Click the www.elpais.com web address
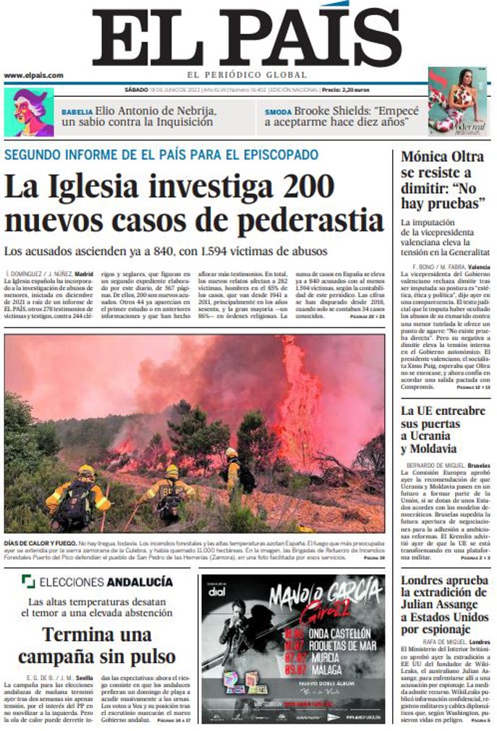[x=33, y=75]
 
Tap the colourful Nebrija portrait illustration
[x=29, y=112]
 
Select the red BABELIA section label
[x=77, y=113]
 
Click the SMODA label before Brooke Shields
[x=278, y=113]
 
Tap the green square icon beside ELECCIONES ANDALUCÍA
[x=27, y=581]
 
